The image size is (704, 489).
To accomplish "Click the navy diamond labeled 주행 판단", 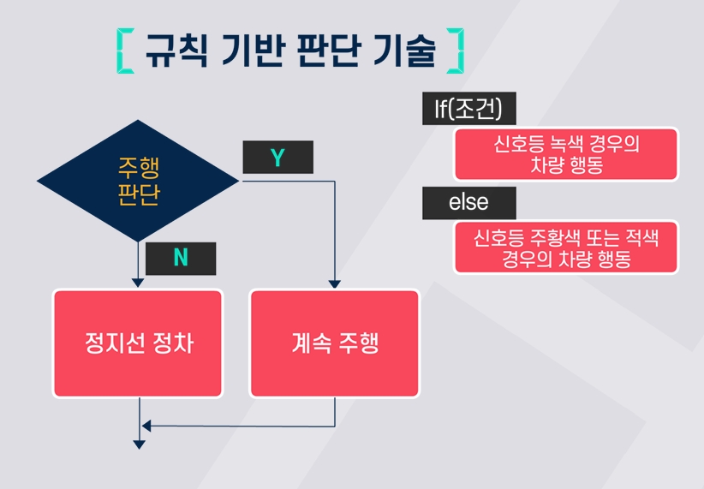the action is click(138, 181).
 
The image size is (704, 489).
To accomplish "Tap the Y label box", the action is click(278, 158).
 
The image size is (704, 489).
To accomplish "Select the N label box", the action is click(181, 259).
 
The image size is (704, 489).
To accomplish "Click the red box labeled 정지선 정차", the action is click(138, 343).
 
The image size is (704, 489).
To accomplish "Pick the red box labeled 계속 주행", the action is click(335, 343).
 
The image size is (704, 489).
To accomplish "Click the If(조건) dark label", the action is click(469, 108).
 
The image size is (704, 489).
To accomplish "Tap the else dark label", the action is click(469, 203).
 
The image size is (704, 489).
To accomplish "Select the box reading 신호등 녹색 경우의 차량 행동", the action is click(566, 154).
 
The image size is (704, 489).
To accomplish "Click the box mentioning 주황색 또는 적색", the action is click(566, 247).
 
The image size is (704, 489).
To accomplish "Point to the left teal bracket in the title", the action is click(122, 51).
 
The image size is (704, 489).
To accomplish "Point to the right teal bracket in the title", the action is click(457, 51).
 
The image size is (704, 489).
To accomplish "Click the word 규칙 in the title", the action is click(176, 51).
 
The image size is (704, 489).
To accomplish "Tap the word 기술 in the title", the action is click(404, 51).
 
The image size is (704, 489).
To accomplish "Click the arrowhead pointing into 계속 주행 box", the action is click(335, 284).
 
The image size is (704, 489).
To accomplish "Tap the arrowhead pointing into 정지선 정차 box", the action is click(138, 283).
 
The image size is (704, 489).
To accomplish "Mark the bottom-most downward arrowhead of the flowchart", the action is click(140, 444).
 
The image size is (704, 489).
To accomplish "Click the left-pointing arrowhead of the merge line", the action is click(146, 426).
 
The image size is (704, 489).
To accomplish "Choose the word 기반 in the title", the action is click(254, 51).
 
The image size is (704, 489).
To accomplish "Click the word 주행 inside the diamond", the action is click(139, 168).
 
